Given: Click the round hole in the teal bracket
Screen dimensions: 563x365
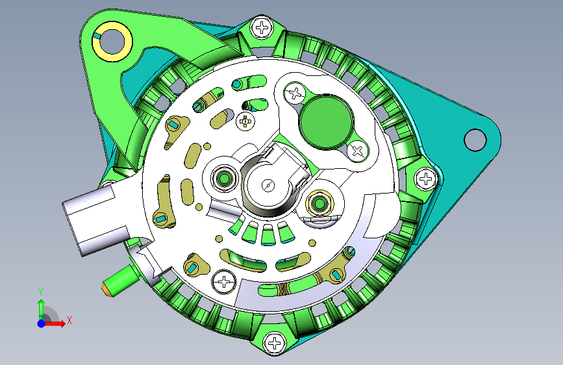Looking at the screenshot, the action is point(475,140).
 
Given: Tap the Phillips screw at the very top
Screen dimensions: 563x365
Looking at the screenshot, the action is point(262,28).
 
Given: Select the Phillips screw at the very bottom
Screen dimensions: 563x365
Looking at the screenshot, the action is point(275,343).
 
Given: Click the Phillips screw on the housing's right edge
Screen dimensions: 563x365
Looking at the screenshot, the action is point(426,178).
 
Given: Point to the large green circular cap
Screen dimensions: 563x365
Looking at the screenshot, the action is point(327,121).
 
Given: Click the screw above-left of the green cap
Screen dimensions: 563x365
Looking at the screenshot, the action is point(295,94).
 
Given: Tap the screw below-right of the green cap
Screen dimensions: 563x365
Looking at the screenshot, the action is point(358,151).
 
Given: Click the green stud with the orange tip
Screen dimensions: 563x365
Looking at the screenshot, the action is point(121,280).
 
